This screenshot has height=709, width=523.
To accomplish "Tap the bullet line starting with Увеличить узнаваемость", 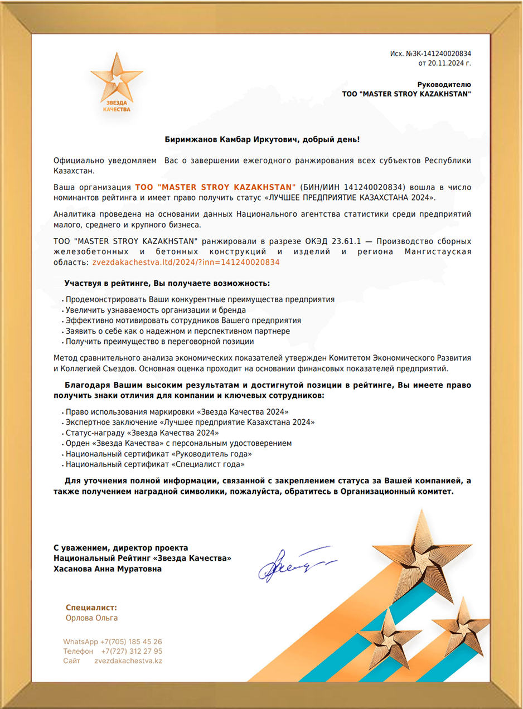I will click(156, 310).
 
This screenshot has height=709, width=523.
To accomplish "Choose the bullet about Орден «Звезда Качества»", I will click(178, 443).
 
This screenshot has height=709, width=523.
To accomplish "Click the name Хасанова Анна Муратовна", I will click(108, 569).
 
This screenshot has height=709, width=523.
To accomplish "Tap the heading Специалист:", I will click(91, 608).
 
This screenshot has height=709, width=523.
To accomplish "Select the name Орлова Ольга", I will click(91, 618).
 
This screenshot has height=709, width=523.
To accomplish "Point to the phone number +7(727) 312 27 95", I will click(132, 651).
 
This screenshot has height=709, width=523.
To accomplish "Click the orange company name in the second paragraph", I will click(215, 187).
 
